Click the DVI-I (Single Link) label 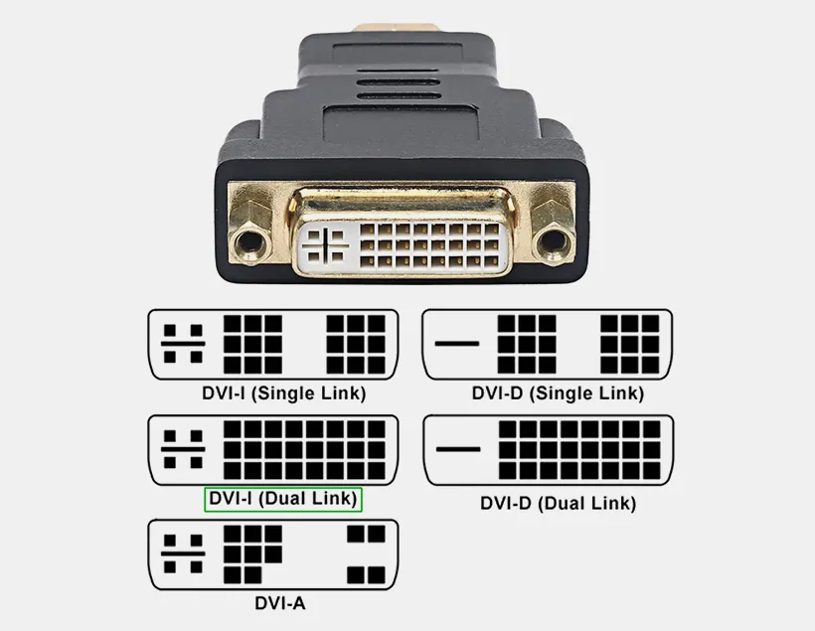[x=283, y=393]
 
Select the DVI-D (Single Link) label [x=558, y=394]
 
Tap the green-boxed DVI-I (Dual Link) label [x=283, y=499]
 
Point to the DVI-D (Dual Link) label [x=558, y=503]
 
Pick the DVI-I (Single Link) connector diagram [x=273, y=344]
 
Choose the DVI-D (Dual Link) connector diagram [x=548, y=450]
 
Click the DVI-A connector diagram [x=273, y=554]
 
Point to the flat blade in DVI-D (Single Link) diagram [x=457, y=343]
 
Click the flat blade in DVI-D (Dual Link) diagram [x=457, y=449]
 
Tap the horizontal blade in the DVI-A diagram [x=183, y=554]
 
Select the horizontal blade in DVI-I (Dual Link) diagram [x=183, y=449]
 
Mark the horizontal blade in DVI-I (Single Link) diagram [x=183, y=343]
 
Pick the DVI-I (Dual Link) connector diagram [x=273, y=450]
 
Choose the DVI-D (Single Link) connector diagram [x=548, y=344]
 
